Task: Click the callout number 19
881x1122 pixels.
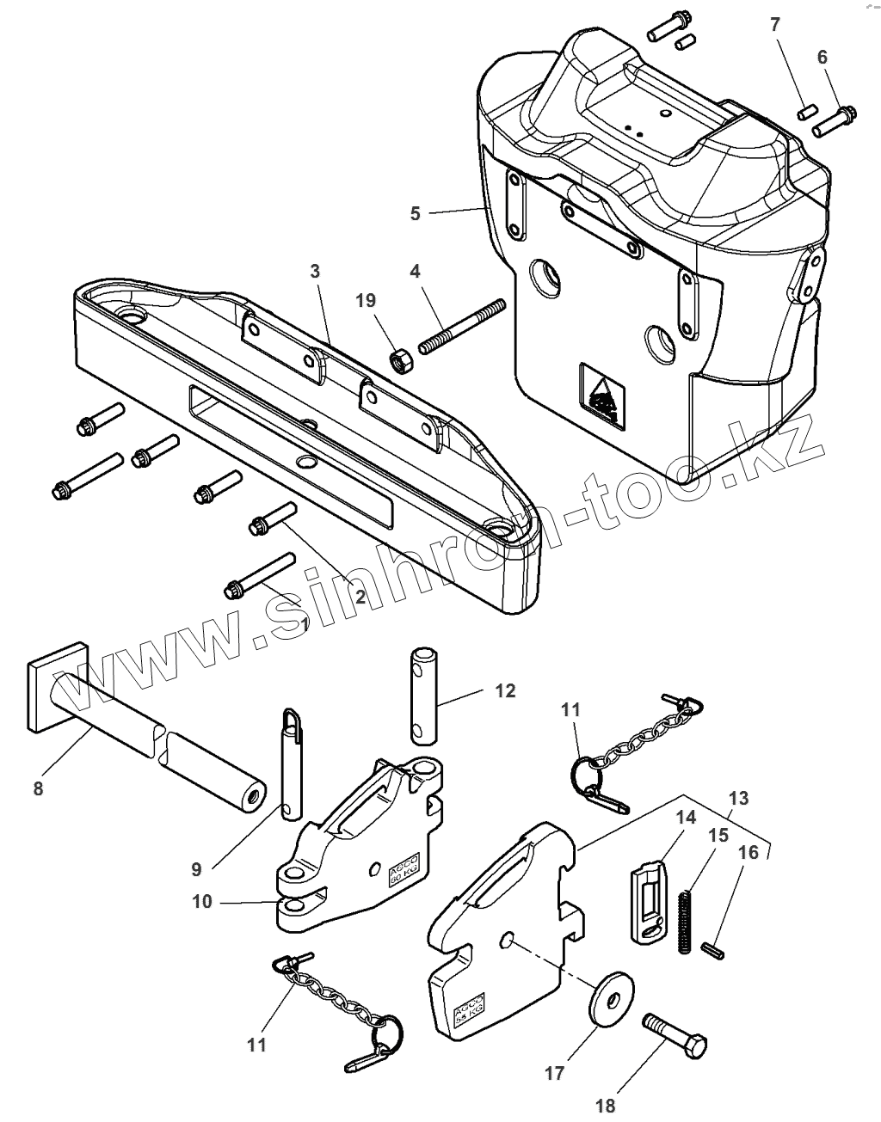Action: tap(366, 300)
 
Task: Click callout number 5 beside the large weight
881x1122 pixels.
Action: tap(416, 212)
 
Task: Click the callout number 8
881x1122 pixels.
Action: tap(38, 788)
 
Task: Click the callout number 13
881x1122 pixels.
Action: tap(737, 798)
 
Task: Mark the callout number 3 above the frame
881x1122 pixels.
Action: tap(315, 270)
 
